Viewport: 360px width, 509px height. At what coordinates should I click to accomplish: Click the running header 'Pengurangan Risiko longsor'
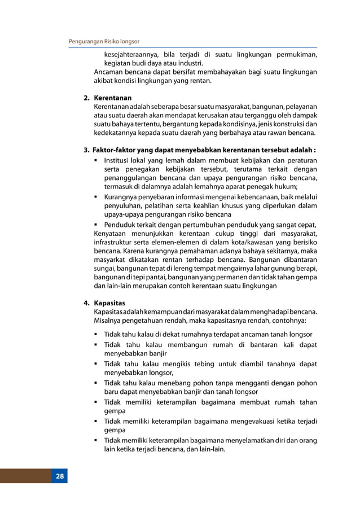pos(104,42)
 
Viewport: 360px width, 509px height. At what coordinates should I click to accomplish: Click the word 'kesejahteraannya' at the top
pos(129,55)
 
